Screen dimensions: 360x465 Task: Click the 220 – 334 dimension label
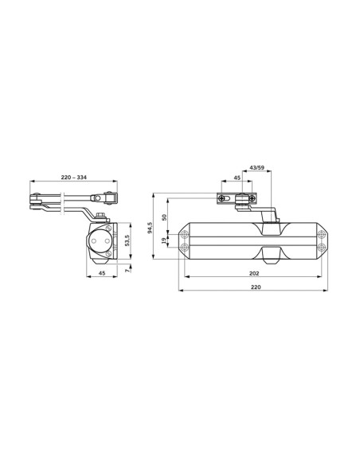[74, 178]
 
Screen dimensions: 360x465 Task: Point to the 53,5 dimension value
[127, 240]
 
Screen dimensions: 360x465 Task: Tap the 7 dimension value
[127, 271]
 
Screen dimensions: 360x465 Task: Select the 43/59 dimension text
[256, 167]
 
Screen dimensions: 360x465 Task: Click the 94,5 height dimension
[150, 228]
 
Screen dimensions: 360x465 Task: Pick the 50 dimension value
[164, 217]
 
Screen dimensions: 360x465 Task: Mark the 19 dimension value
[164, 240]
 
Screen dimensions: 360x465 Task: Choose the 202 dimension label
[254, 273]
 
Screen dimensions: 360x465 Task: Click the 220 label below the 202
[256, 287]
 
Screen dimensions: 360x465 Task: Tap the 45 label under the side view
[102, 273]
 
